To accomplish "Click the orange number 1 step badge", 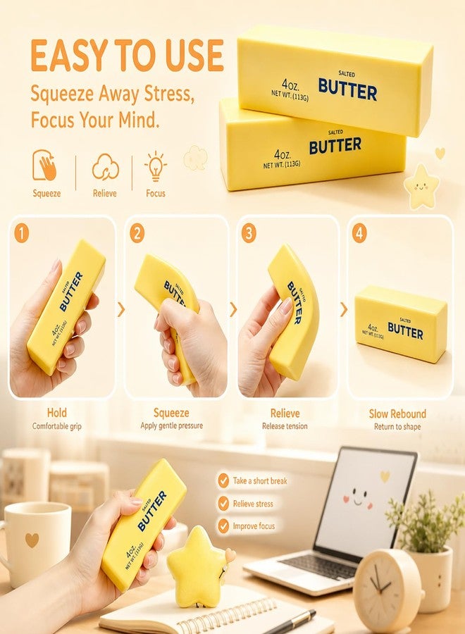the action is coord(21,233).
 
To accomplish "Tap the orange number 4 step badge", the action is coord(359,233).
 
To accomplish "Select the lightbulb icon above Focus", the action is coord(156,166).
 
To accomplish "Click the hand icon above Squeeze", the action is coord(45,165).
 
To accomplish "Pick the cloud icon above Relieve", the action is coord(106,166).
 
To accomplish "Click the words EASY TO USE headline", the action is coord(127,56).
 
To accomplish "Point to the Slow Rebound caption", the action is coord(397,414).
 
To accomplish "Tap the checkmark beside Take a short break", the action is coord(223,480).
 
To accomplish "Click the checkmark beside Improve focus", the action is coord(223,526).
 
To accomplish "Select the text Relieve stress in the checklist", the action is coord(253,504).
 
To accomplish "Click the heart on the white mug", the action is coord(32,540).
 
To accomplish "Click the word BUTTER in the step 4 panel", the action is coord(405,331).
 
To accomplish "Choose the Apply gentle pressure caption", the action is coord(171,425).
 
